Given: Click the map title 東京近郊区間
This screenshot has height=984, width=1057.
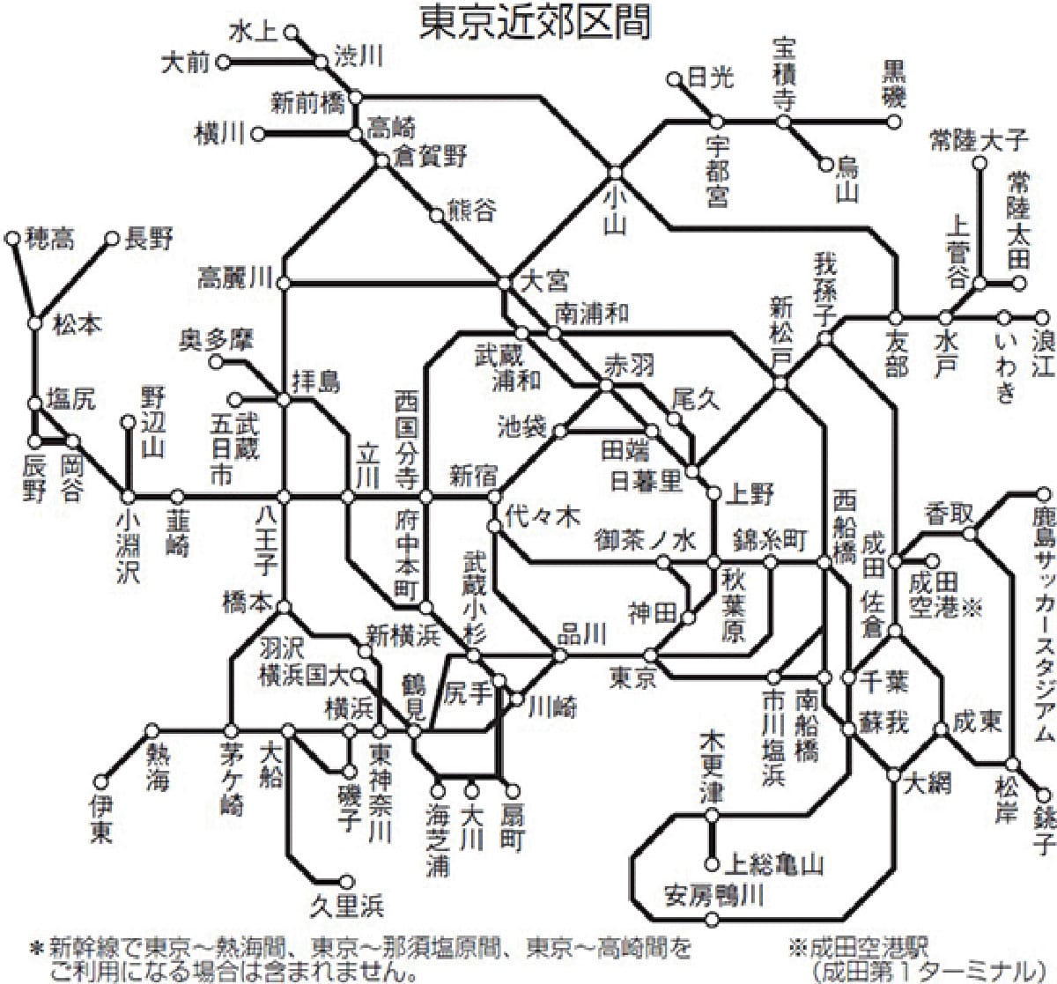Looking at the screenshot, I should tap(536, 24).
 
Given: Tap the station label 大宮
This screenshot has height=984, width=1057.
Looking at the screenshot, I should tap(545, 281).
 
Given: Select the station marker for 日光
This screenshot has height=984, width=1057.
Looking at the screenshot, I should tap(676, 79).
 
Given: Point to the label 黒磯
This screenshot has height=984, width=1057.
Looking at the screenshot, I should tap(893, 84).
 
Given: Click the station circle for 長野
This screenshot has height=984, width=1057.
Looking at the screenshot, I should tap(112, 238).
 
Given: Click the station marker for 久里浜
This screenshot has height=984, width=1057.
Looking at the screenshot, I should tap(346, 880).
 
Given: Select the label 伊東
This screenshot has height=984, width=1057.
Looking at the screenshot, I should tap(101, 817).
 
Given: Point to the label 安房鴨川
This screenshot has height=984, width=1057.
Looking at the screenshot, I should tap(714, 895).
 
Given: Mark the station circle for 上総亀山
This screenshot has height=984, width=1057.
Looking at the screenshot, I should tap(713, 865).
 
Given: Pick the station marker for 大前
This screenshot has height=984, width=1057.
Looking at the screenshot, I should tap(224, 62).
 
